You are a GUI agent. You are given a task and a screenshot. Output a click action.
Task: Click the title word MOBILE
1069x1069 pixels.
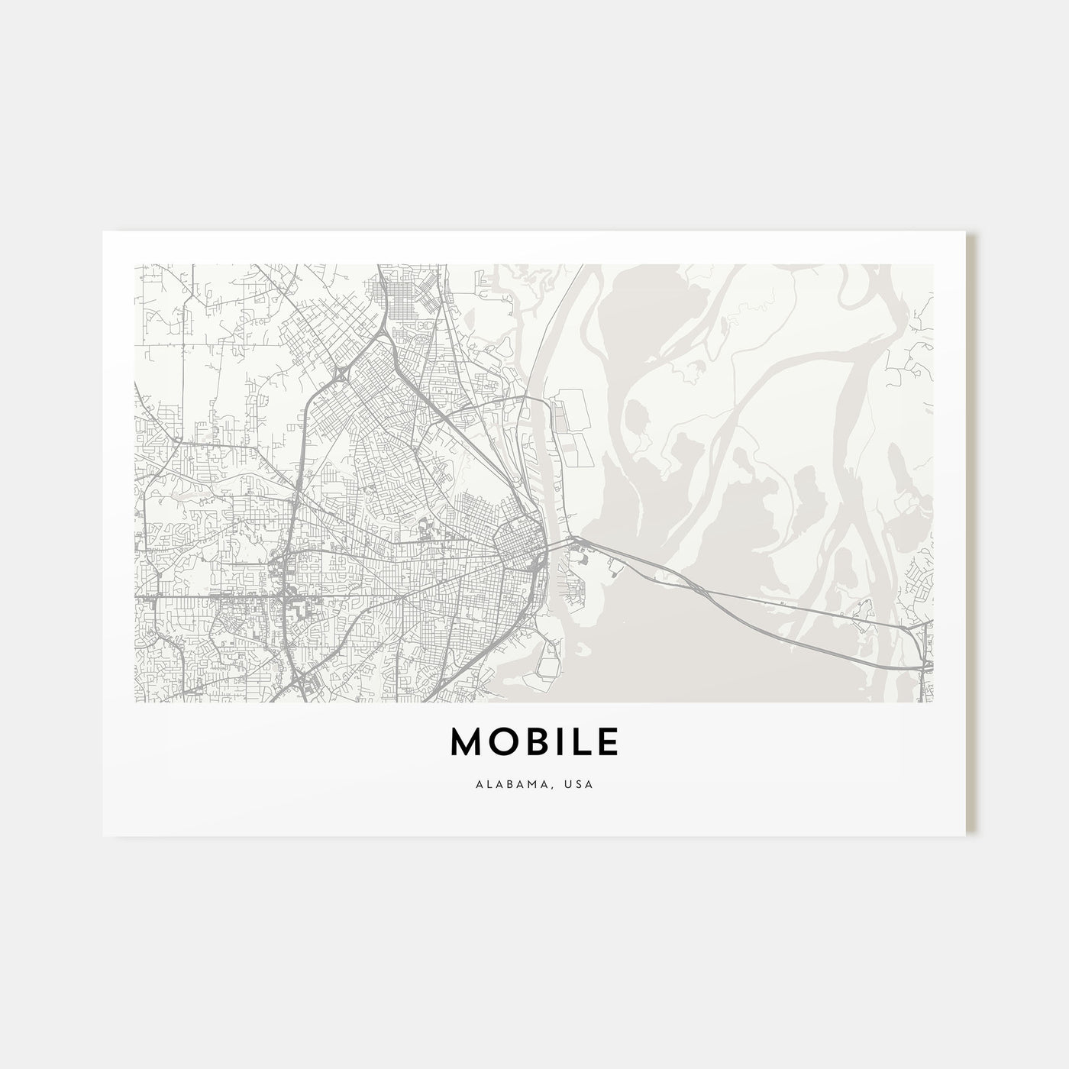pos(534,742)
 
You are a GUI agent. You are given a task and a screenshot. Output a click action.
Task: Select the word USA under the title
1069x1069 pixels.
pos(582,783)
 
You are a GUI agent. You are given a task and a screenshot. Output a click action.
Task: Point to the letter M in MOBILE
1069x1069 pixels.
pos(467,742)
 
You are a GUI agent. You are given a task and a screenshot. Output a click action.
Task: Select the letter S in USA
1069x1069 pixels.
pos(582,783)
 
